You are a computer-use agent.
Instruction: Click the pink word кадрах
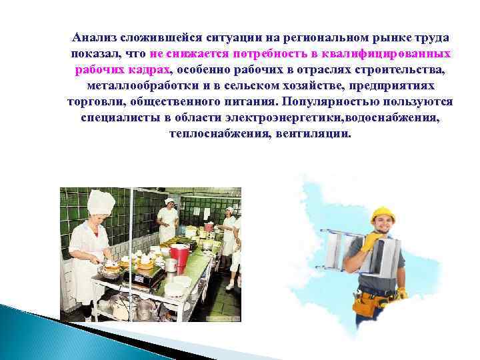pyautogui.click(x=151, y=69)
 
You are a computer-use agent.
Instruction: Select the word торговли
pyautogui.click(x=93, y=101)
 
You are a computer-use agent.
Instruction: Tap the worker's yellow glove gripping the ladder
pyautogui.click(x=369, y=242)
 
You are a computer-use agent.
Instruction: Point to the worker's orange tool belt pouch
pyautogui.click(x=366, y=305)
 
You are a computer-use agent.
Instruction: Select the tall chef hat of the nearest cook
pyautogui.click(x=101, y=202)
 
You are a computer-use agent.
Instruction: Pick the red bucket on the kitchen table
pyautogui.click(x=179, y=255)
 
